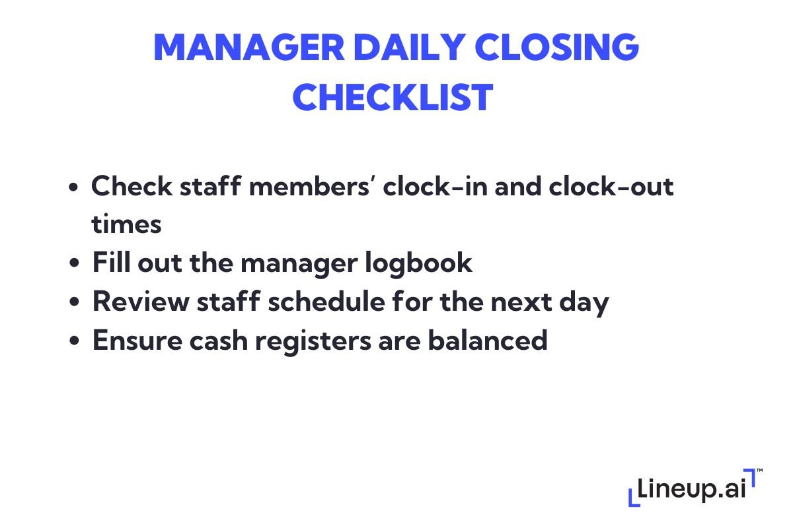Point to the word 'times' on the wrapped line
[126, 224]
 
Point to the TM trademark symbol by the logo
[759, 470]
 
